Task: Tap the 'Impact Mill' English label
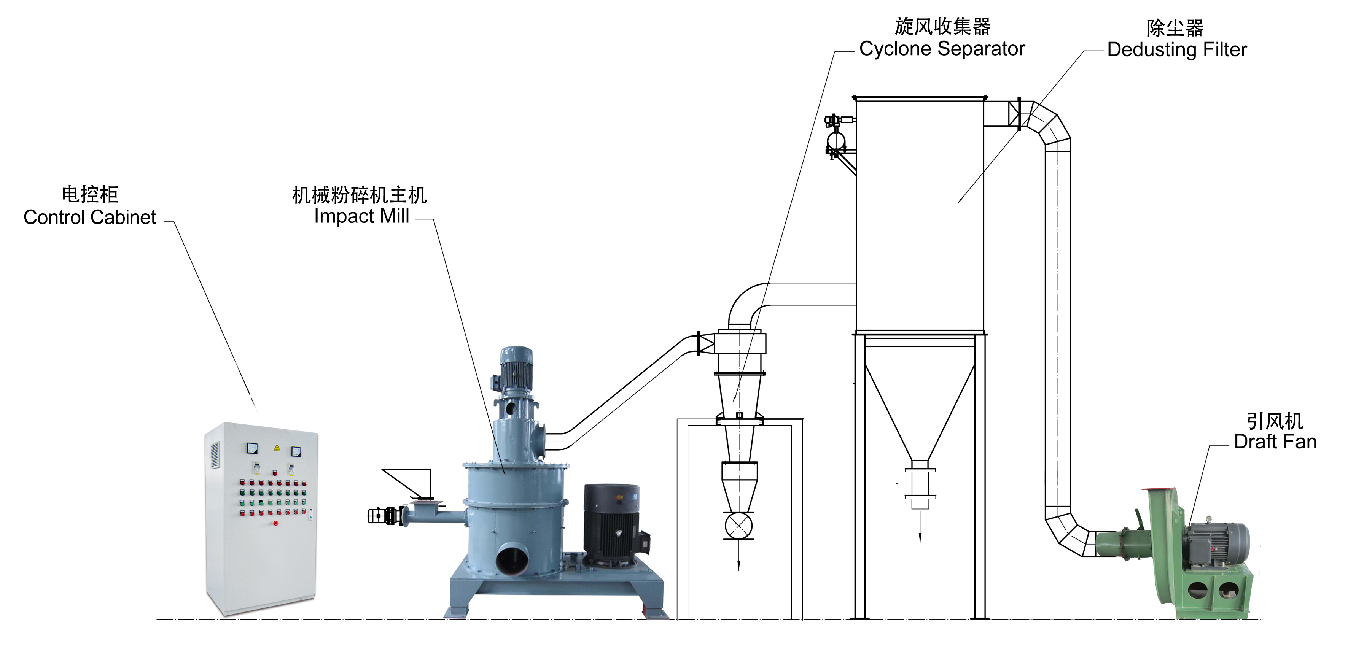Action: click(361, 216)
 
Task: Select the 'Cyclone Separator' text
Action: click(942, 49)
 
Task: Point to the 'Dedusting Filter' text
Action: click(1177, 50)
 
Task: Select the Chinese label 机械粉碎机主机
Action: click(359, 195)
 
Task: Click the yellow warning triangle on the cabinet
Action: click(277, 448)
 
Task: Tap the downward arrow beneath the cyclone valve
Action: click(738, 560)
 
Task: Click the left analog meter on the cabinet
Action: click(252, 448)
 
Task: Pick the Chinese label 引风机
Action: click(1275, 421)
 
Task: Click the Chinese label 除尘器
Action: click(1175, 28)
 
